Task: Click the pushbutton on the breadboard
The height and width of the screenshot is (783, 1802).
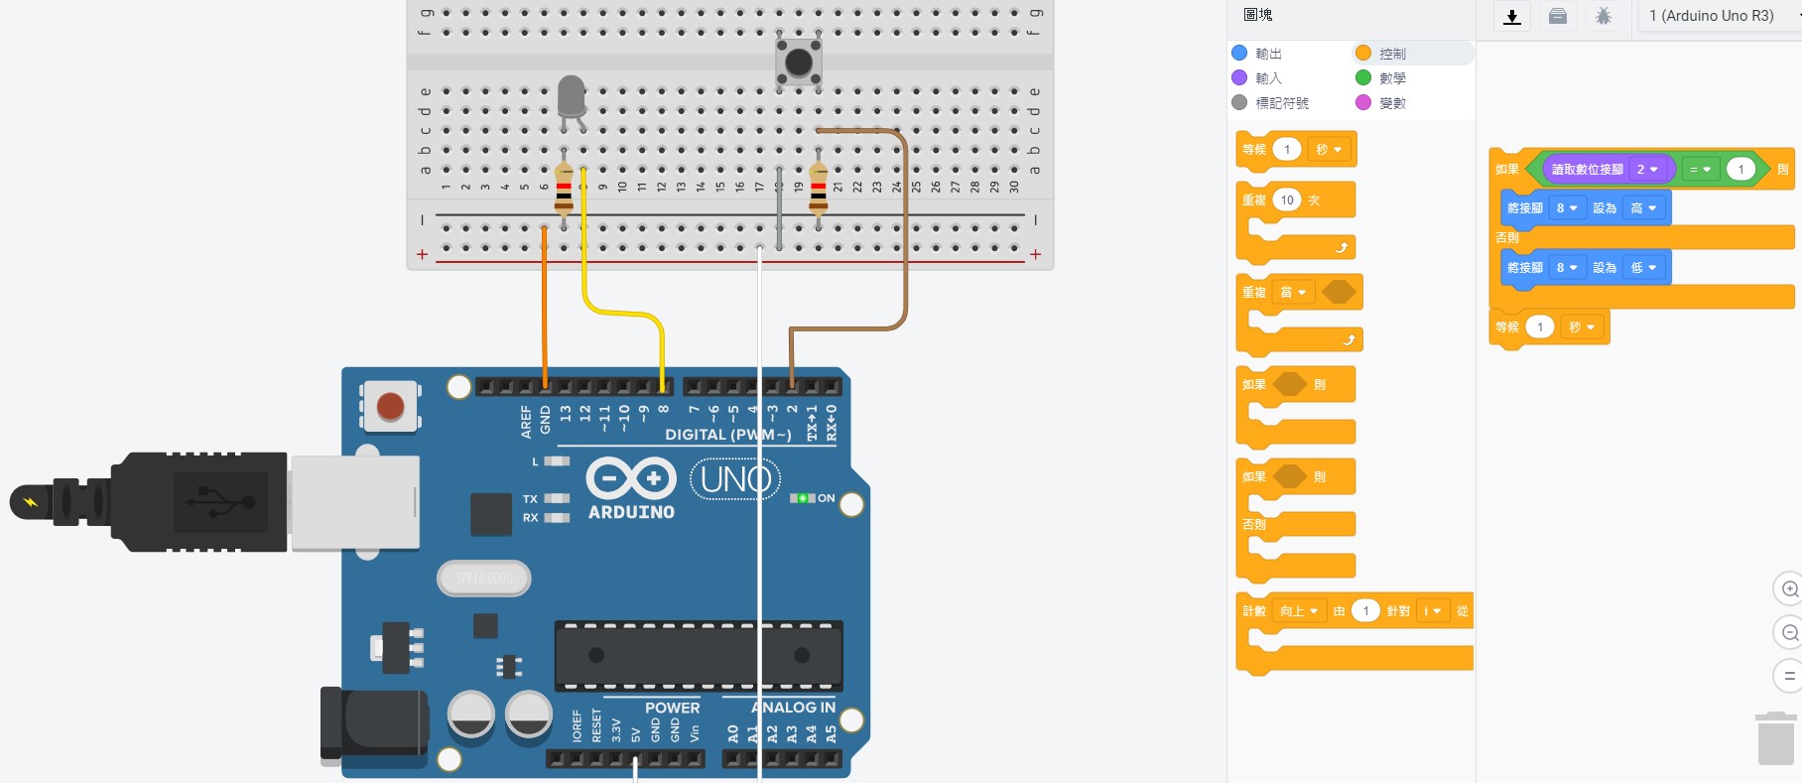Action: [799, 63]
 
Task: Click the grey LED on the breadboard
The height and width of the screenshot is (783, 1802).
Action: [572, 97]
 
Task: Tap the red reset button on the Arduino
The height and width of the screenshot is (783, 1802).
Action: [390, 406]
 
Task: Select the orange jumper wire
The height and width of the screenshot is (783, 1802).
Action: [545, 308]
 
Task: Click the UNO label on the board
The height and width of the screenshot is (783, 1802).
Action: [735, 479]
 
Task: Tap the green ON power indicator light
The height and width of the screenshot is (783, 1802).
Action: [802, 498]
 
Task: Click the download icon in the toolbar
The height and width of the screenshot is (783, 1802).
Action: [1512, 16]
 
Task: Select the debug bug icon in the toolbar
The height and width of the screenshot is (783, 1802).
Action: [1604, 16]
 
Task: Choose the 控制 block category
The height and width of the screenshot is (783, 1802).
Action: [1391, 54]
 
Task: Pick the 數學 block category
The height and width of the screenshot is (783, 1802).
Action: [1391, 78]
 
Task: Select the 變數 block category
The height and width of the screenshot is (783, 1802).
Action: [1391, 103]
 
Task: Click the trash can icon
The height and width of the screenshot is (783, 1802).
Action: [1775, 739]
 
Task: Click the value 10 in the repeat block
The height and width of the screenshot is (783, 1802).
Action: [1287, 200]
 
